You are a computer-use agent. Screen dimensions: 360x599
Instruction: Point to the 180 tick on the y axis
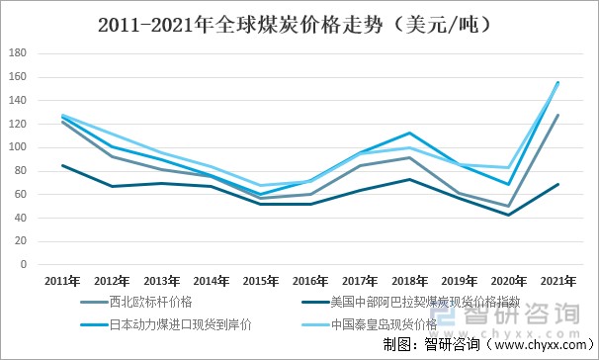[x=17, y=53]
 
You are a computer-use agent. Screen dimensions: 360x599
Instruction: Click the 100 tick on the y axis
[x=17, y=147]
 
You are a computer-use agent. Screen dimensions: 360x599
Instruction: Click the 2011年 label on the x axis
[x=61, y=282]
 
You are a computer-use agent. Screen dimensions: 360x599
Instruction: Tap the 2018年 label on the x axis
[x=408, y=282]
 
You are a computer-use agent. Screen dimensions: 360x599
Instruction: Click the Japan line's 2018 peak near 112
[x=408, y=134]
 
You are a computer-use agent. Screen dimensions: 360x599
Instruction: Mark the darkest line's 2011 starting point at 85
[x=61, y=165]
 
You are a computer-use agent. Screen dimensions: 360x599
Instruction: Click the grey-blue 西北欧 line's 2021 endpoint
[x=557, y=115]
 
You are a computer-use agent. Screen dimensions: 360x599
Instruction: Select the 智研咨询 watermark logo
[x=509, y=315]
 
